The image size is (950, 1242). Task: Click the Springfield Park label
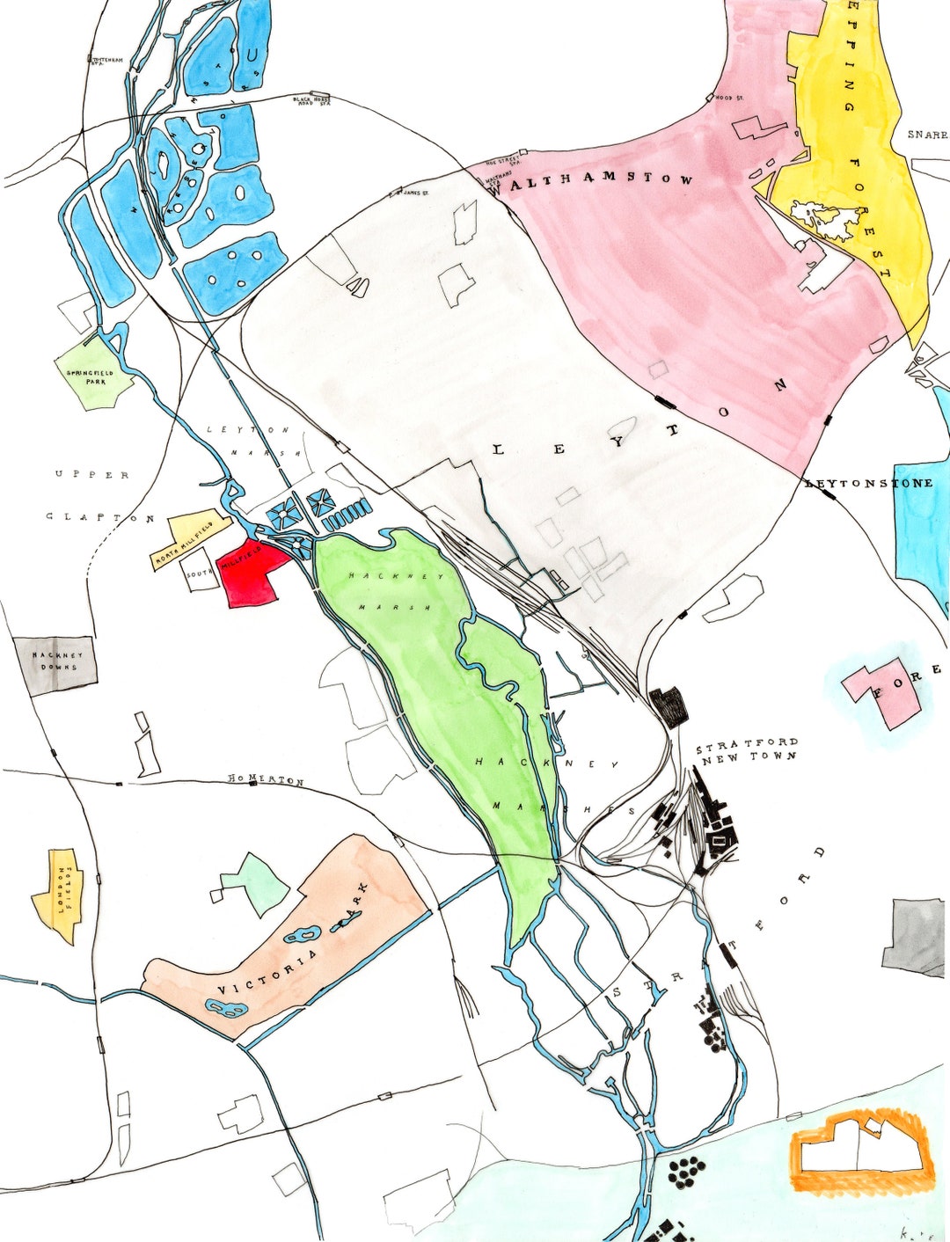tap(90, 377)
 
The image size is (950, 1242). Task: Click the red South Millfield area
tap(255, 576)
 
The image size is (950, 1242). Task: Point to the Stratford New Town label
tap(748, 749)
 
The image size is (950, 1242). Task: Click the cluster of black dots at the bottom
tap(686, 1171)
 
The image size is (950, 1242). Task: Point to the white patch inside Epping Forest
tap(824, 218)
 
